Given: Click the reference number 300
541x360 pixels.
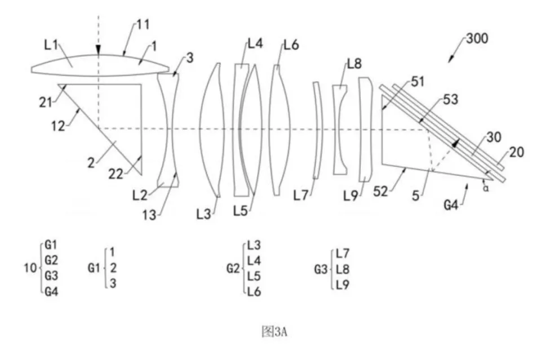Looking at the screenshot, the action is click(x=477, y=38).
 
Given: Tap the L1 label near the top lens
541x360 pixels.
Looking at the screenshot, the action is click(x=51, y=45).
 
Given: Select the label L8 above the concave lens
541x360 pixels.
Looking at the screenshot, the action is click(x=354, y=64).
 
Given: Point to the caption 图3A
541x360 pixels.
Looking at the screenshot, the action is click(x=274, y=332).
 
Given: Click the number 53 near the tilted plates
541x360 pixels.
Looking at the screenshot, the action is click(x=450, y=99).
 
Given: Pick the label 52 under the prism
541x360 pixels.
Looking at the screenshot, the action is click(x=380, y=191).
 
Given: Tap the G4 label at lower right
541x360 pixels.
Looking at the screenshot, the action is click(x=451, y=206).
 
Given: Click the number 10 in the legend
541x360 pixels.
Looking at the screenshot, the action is click(x=30, y=268).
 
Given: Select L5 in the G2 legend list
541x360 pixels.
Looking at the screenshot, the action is click(x=254, y=276).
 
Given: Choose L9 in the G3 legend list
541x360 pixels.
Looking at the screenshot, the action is click(x=343, y=284).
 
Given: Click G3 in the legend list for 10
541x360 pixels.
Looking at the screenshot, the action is click(x=51, y=275).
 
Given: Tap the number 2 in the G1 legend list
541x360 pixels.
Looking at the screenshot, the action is click(x=113, y=268).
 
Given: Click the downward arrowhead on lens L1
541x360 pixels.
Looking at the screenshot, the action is click(x=98, y=50).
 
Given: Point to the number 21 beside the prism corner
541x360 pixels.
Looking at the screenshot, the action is click(x=46, y=102).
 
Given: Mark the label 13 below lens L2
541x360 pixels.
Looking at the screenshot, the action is click(x=149, y=215).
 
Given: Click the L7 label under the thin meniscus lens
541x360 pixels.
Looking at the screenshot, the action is click(x=300, y=196).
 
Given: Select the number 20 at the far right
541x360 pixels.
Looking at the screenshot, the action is click(x=516, y=152).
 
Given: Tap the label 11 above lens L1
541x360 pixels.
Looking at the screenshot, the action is click(x=143, y=24).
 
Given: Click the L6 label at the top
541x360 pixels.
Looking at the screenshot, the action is click(x=291, y=45).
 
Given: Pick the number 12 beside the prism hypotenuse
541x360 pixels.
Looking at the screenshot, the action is click(x=58, y=126).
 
